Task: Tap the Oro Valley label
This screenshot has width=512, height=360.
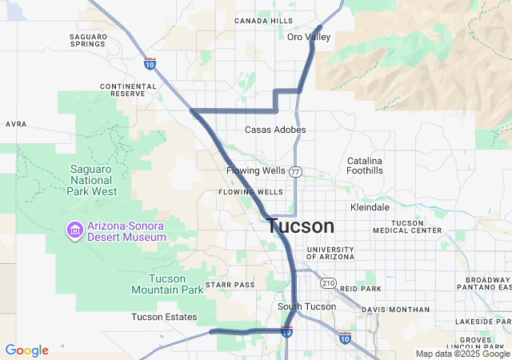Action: pos(309,37)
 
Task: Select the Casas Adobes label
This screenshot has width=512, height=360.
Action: pos(275,130)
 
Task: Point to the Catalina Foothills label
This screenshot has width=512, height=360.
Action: pos(365,166)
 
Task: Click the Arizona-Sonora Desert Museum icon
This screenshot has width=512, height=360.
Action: pos(74,230)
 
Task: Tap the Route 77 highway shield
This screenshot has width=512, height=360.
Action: pos(296,172)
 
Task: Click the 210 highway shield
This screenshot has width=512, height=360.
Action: pos(328,282)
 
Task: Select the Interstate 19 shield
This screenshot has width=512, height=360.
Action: pos(286,331)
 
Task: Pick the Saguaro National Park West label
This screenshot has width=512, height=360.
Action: pos(82,180)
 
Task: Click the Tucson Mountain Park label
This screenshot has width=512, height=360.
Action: pos(167,284)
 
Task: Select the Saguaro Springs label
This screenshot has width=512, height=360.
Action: pos(87,40)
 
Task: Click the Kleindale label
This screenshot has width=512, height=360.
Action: pos(370,207)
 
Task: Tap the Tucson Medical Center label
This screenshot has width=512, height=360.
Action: pos(406,226)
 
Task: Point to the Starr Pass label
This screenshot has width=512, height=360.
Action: pos(230,285)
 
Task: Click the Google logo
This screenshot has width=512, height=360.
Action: pos(27,350)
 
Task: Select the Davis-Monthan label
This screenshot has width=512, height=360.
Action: pos(395,310)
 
